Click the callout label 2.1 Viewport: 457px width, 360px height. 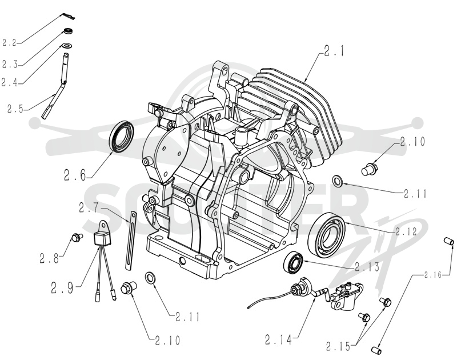click(x=334, y=51)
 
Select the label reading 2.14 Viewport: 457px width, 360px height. click(x=278, y=339)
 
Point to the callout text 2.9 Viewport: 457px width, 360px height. click(x=62, y=288)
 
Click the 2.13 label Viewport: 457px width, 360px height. click(x=367, y=266)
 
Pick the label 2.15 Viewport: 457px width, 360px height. click(x=338, y=347)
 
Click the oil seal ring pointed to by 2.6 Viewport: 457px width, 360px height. click(x=122, y=137)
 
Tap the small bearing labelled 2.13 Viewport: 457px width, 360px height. click(x=294, y=262)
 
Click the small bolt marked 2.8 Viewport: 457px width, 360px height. click(x=77, y=237)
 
